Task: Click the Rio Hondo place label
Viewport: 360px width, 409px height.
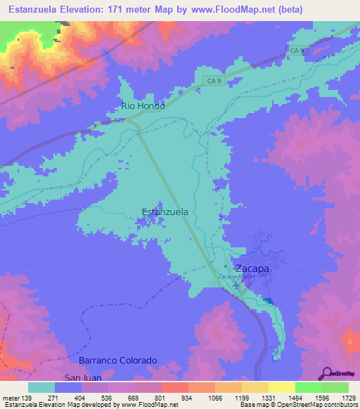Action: pos(143,106)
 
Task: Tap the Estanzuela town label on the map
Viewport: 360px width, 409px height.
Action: pos(165,212)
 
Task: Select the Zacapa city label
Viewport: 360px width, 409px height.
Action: pos(252,268)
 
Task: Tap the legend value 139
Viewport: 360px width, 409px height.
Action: pos(26,398)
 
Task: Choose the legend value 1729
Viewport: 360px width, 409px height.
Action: pos(348,398)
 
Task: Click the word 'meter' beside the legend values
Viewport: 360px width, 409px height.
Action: pos(10,398)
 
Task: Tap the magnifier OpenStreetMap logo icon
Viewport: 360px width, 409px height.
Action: pos(328,372)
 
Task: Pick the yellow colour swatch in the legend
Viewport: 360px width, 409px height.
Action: pos(281,387)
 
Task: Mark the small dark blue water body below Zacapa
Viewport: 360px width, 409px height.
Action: pos(268,301)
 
